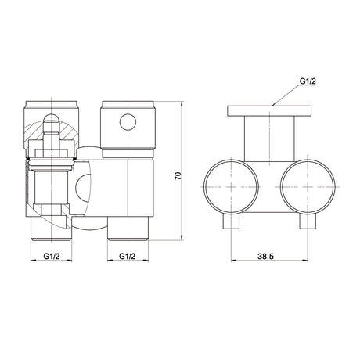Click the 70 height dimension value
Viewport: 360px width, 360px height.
click(x=178, y=175)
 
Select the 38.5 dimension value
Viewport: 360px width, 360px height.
click(x=266, y=256)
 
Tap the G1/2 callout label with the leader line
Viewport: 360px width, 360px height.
click(x=308, y=81)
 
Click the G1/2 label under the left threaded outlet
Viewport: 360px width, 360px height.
click(x=52, y=256)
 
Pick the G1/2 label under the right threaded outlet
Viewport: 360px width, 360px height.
click(x=128, y=256)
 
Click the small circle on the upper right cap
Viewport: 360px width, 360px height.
click(x=128, y=122)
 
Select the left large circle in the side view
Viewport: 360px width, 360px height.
click(x=232, y=187)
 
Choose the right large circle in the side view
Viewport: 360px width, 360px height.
click(x=308, y=187)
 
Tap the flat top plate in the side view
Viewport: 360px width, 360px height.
click(x=269, y=110)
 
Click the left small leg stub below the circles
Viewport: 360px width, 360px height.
click(x=231, y=221)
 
